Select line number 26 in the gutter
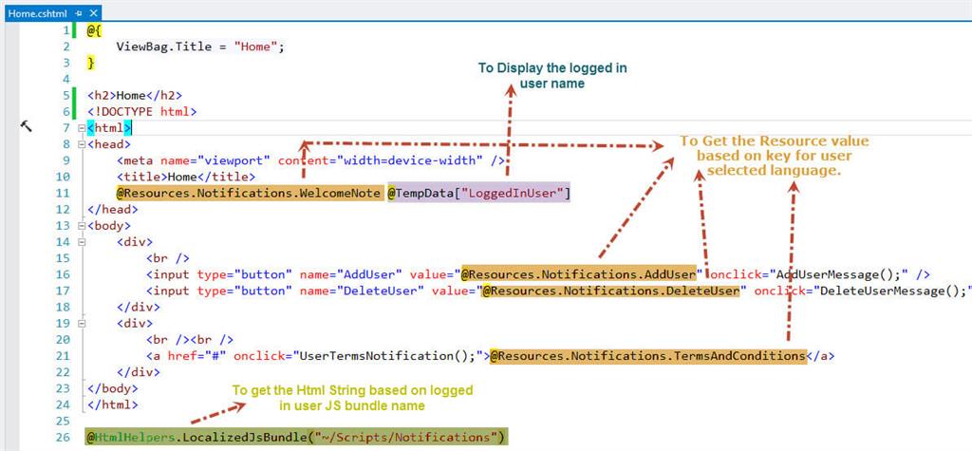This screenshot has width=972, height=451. [x=64, y=437]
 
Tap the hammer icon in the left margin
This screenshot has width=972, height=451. [x=26, y=125]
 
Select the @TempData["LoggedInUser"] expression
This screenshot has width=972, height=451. [x=477, y=194]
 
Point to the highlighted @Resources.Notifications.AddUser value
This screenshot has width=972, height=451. [x=579, y=274]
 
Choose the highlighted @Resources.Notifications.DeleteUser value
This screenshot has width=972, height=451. [x=611, y=291]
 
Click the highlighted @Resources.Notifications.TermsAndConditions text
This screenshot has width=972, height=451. [x=647, y=356]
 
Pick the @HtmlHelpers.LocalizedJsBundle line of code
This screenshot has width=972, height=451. [x=296, y=437]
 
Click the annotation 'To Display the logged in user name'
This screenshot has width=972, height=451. [x=551, y=76]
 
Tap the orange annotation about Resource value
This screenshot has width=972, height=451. [x=773, y=155]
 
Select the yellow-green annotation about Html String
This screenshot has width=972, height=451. [x=352, y=398]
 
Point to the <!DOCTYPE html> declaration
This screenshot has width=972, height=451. [x=141, y=111]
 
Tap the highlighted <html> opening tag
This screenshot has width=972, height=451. [x=109, y=127]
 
